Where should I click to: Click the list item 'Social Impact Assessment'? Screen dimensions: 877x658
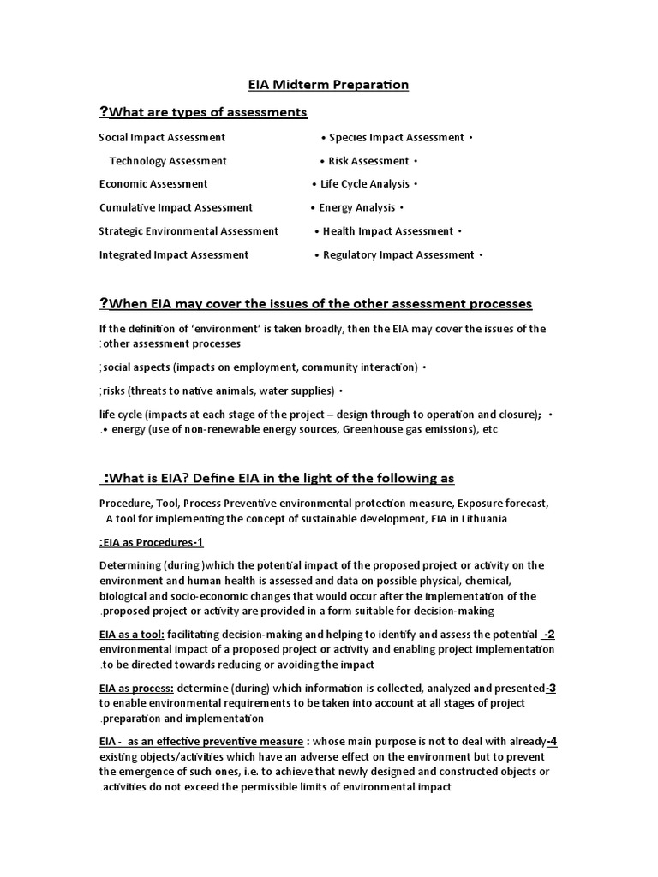click(162, 137)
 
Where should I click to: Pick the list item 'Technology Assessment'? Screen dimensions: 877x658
click(168, 161)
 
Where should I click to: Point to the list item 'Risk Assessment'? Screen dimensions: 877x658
click(368, 161)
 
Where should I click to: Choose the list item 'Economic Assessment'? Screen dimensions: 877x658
click(153, 184)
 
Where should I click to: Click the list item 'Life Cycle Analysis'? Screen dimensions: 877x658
click(365, 184)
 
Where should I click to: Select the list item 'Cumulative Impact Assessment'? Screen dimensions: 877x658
click(176, 207)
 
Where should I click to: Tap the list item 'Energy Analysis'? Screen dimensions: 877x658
click(357, 207)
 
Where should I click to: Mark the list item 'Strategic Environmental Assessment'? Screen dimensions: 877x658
click(188, 231)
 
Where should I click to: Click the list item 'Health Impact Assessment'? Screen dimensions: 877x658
click(388, 231)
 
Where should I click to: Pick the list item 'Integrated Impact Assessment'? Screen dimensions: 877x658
click(174, 254)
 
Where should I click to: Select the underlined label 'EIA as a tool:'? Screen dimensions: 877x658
click(131, 635)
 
